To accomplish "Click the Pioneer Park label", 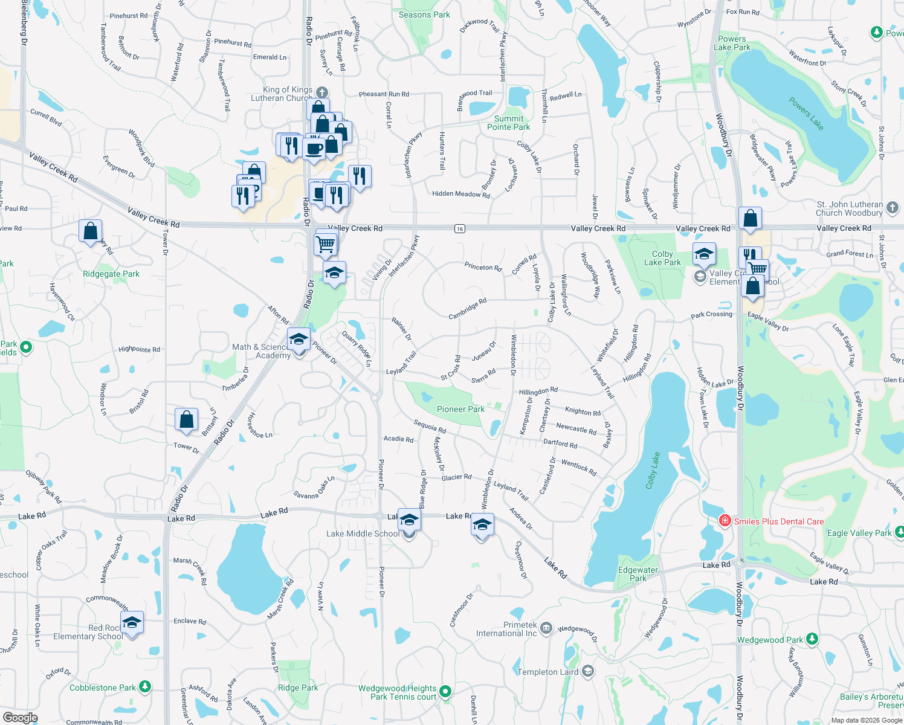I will (x=460, y=409).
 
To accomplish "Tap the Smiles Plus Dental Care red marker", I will (x=725, y=521).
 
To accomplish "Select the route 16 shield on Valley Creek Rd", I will (x=460, y=228).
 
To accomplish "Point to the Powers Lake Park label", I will (x=732, y=43).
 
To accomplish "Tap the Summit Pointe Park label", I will (x=508, y=123).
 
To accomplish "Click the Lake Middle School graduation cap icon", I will (x=409, y=520).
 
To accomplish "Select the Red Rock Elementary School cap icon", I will (x=131, y=622).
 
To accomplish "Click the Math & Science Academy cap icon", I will (x=299, y=340).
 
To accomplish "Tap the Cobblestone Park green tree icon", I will (x=144, y=687).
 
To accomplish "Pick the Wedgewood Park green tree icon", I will (x=812, y=639).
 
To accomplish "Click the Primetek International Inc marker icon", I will (x=546, y=628).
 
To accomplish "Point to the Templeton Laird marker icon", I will (x=588, y=671).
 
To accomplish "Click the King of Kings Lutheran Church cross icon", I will (x=321, y=92).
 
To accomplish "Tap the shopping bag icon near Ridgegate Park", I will (x=90, y=231).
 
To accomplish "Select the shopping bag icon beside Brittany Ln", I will (x=187, y=419).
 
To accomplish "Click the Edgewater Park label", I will (x=638, y=574).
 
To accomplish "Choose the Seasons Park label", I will (x=424, y=14).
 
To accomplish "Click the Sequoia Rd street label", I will (x=430, y=427).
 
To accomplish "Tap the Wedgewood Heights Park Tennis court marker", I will (x=445, y=691).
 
